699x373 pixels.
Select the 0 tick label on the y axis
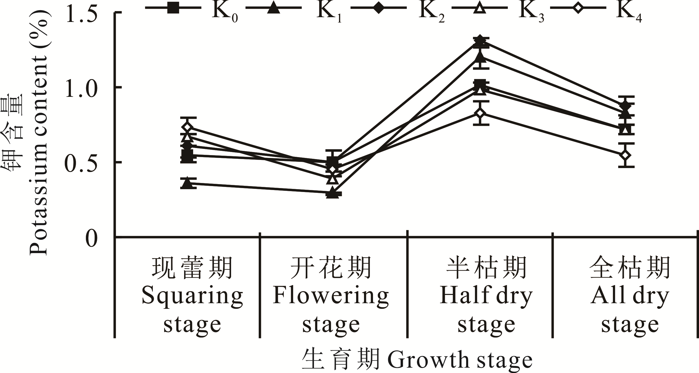[x=91, y=238]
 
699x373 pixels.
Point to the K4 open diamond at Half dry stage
[x=481, y=113]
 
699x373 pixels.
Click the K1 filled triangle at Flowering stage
[x=332, y=193]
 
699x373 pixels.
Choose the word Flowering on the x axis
[x=331, y=296]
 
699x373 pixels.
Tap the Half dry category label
[x=486, y=296]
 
